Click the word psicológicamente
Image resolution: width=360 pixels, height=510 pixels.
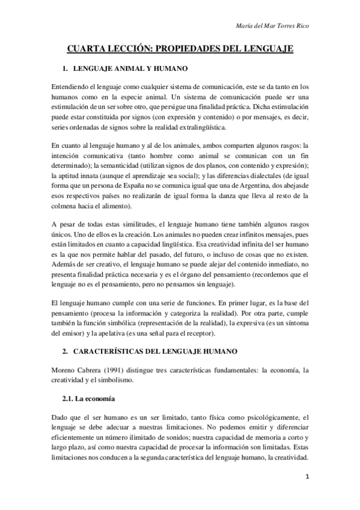tap(237, 416)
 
